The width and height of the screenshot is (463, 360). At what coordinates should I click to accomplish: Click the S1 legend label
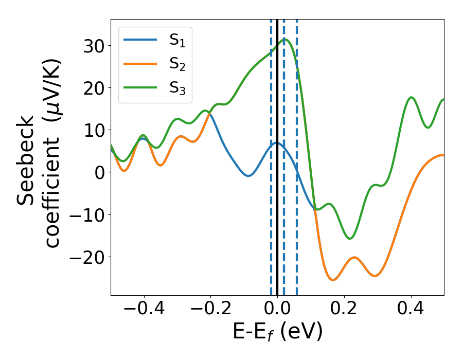point(177,41)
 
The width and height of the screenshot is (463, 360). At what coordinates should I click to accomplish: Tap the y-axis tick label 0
point(99,172)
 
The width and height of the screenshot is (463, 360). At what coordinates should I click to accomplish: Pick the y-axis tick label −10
point(86,214)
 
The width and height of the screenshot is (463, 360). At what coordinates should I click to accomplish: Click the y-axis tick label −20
point(86,257)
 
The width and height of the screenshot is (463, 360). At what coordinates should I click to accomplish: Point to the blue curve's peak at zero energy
point(277,142)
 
